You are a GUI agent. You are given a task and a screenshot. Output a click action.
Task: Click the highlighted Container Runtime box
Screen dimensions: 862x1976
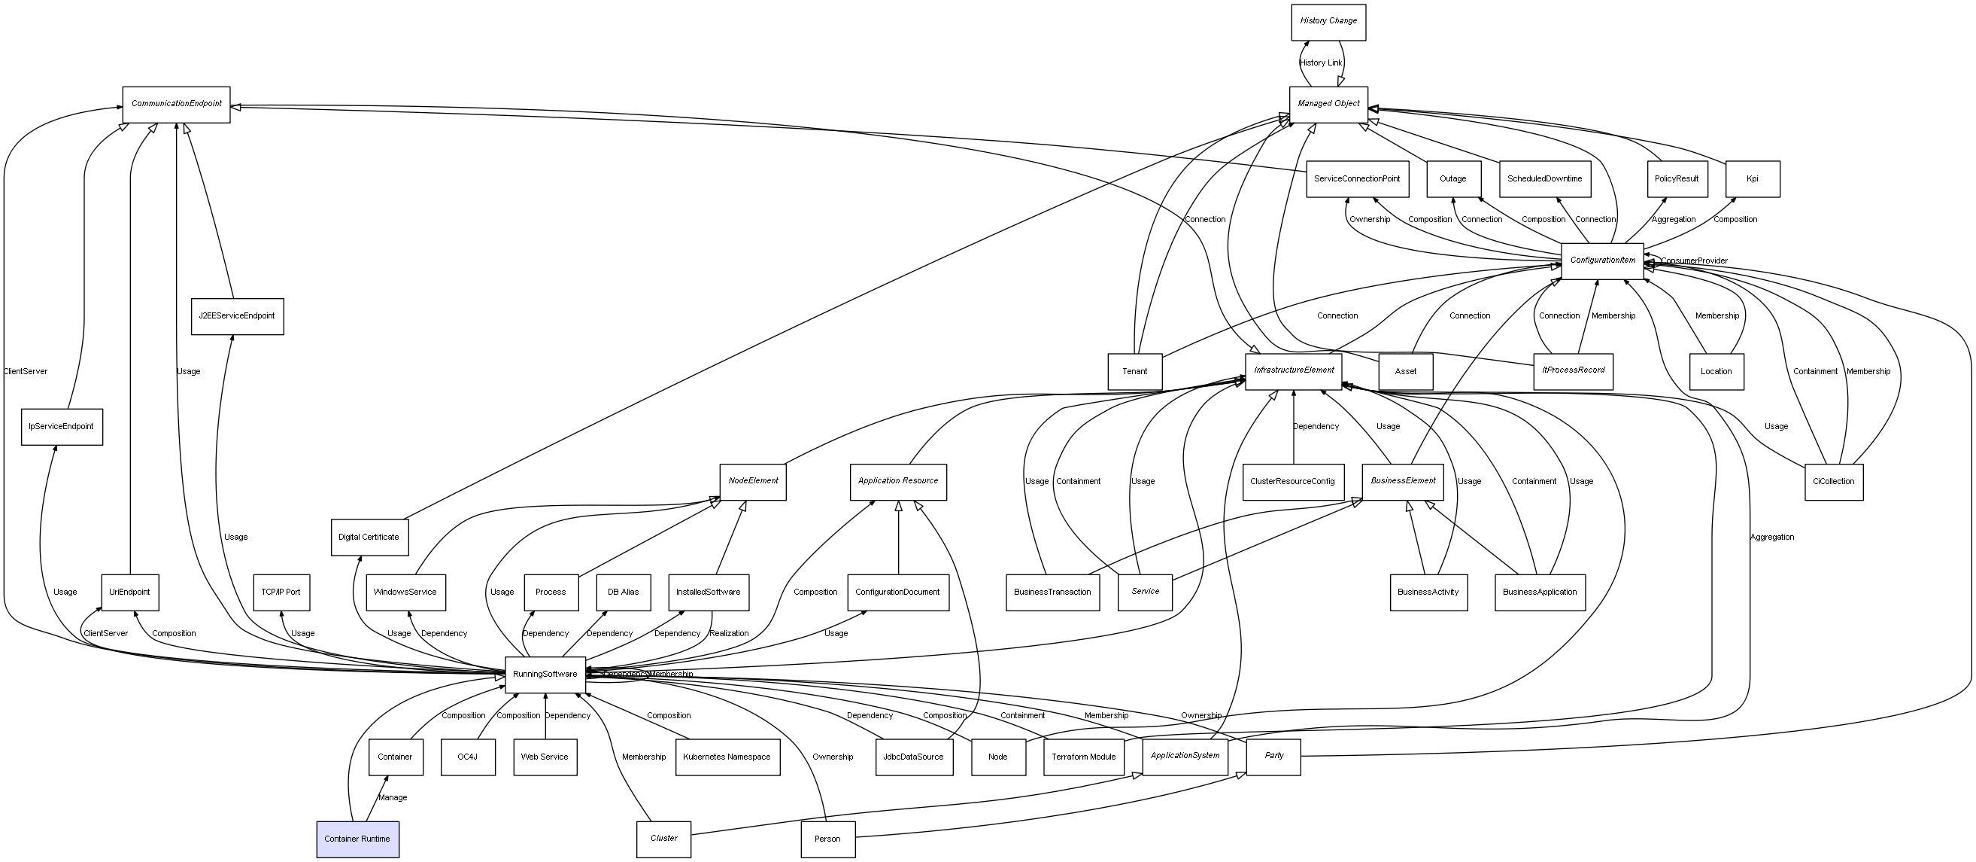coord(357,839)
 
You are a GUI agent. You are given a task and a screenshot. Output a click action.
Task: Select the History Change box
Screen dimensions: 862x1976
coord(1328,22)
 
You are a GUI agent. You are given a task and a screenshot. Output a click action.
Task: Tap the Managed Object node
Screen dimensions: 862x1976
coord(1328,104)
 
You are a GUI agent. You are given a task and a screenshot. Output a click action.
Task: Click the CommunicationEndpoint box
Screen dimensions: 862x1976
coord(177,104)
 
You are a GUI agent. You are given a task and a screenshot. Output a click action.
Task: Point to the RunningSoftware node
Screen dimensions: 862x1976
coord(545,674)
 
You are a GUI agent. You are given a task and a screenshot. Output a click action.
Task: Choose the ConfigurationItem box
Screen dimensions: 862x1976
coord(1601,260)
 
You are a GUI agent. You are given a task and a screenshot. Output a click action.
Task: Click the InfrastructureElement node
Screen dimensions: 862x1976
coord(1293,370)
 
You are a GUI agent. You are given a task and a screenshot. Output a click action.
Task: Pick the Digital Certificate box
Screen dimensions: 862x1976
coord(369,538)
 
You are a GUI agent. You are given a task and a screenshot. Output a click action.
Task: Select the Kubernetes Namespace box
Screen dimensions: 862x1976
coord(727,757)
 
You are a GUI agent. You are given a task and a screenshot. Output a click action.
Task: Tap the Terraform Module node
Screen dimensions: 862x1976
coord(1083,757)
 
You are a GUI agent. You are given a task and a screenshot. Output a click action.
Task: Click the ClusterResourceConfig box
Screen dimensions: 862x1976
coord(1292,482)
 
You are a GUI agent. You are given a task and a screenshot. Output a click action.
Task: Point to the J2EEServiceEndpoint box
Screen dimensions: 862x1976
coord(237,316)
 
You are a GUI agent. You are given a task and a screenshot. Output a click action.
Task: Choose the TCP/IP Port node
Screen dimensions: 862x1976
coord(281,592)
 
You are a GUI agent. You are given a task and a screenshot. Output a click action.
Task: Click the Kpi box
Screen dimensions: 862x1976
coord(1752,179)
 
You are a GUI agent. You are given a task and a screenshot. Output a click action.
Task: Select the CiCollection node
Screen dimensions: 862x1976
coord(1833,482)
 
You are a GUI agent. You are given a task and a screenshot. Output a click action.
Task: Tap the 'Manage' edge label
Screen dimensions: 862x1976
coord(393,797)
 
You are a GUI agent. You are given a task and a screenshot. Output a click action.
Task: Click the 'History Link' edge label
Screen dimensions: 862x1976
coord(1321,63)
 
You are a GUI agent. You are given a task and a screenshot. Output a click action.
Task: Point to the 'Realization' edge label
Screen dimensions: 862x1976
coord(729,633)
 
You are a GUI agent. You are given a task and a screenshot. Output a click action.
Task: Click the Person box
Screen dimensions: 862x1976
coord(827,839)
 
